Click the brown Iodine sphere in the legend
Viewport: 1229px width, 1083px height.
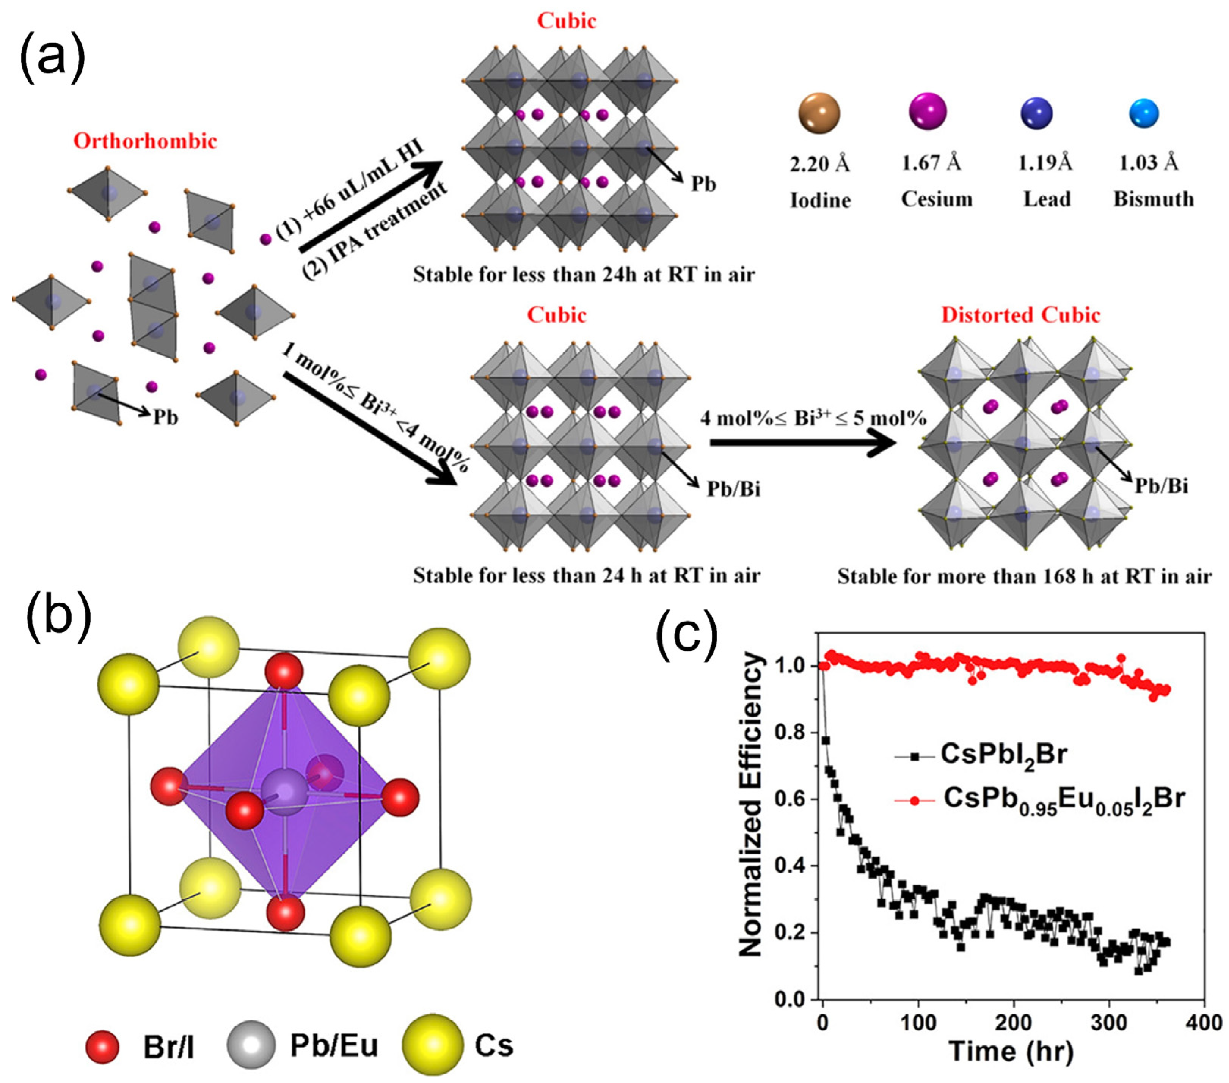(x=819, y=113)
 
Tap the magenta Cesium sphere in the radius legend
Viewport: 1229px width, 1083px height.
(x=928, y=111)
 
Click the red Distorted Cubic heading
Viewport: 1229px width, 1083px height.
(x=1020, y=315)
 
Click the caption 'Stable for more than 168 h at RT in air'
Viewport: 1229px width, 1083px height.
(x=1024, y=577)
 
